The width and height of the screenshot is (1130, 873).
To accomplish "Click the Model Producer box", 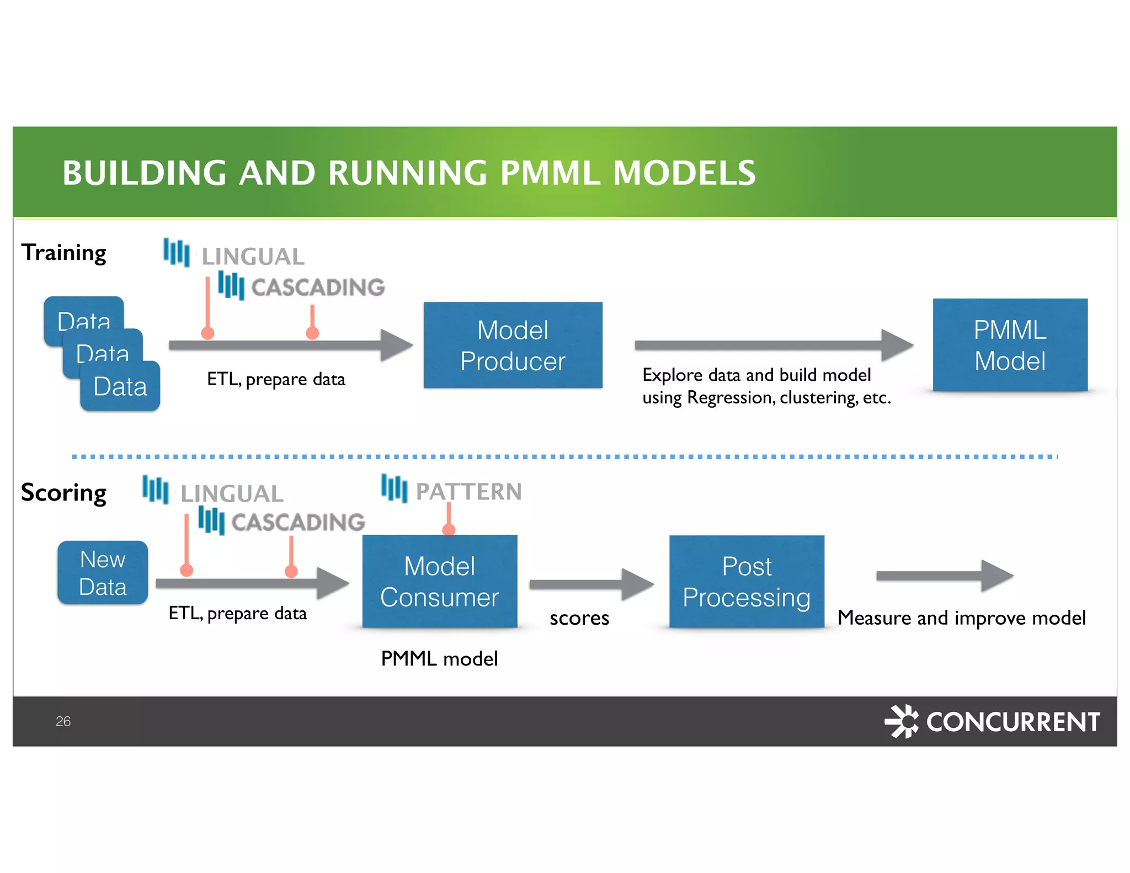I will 513,345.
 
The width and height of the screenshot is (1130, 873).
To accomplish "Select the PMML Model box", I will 1009,345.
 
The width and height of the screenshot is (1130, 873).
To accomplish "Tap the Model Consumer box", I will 439,582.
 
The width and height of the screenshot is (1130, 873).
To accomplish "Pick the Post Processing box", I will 746,582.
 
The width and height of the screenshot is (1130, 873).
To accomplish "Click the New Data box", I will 103,573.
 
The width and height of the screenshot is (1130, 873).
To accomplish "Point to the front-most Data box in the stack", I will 120,386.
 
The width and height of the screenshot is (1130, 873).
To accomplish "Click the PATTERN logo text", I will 468,491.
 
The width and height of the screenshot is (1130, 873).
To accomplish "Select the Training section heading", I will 64,253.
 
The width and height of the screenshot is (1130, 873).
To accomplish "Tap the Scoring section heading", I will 64,492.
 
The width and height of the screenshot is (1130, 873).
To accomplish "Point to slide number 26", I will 63,721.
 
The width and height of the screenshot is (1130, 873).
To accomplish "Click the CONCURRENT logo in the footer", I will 993,721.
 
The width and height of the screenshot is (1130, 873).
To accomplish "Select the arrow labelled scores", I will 590,584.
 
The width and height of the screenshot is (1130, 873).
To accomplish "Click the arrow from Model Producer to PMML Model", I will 772,345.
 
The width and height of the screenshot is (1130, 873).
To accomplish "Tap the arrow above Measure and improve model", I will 944,576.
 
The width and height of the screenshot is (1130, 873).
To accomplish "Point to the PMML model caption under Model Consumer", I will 439,659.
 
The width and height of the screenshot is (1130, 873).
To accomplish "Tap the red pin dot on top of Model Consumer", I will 449,530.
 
